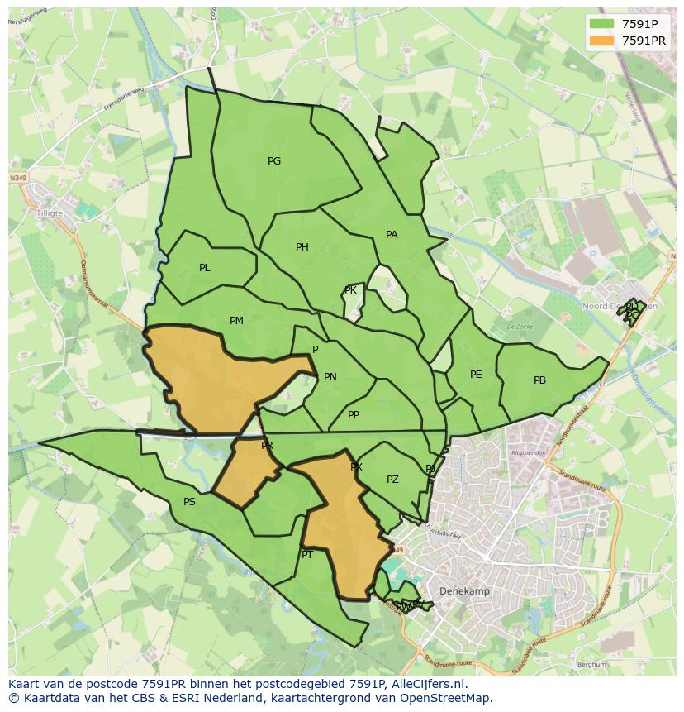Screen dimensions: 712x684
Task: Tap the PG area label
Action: click(274, 161)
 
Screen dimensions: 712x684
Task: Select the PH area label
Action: click(302, 247)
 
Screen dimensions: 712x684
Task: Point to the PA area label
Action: click(392, 235)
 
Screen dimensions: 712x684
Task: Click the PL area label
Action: click(205, 268)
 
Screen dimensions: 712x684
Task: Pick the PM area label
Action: click(236, 321)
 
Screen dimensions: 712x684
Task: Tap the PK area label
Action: click(350, 290)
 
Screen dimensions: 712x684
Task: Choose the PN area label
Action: click(330, 377)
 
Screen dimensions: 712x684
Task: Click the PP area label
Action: click(354, 415)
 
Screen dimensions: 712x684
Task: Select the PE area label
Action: click(476, 375)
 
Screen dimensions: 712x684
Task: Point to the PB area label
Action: click(539, 380)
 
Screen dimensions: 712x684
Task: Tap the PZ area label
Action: click(392, 480)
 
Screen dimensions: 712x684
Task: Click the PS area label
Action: click(189, 502)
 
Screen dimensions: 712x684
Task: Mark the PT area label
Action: click(307, 555)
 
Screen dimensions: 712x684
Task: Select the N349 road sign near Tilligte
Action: click(18, 178)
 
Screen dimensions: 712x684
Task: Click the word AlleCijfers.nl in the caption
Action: click(427, 685)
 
